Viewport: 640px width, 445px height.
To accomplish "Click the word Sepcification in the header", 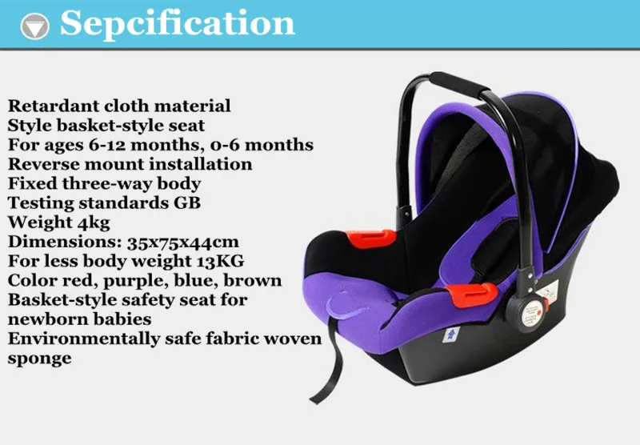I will click(178, 24).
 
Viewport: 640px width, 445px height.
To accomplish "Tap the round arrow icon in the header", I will click(34, 26).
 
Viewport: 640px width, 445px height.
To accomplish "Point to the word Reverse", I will click(42, 164).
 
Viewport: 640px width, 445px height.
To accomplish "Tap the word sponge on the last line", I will click(39, 358).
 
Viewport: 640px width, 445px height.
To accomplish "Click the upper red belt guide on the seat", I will click(374, 239).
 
